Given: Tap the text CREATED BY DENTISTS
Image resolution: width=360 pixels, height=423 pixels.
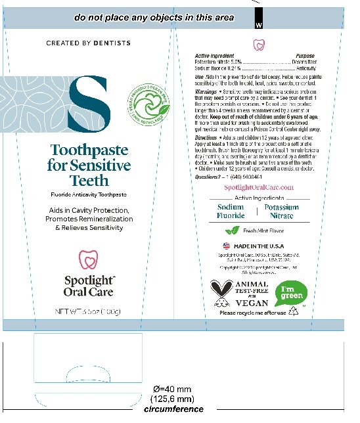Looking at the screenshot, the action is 88,43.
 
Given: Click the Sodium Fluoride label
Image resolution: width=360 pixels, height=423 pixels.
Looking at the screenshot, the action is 231,211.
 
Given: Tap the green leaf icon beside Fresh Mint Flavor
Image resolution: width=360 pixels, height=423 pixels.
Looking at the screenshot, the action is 231,231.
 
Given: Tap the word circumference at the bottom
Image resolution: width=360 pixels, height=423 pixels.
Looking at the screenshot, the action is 173,409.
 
